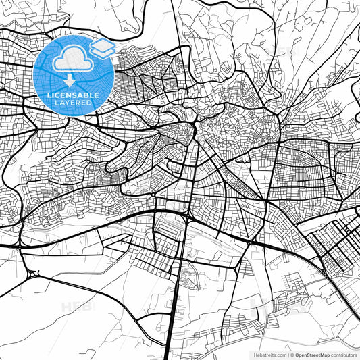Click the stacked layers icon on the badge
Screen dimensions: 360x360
103,48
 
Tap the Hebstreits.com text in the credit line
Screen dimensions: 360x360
269,354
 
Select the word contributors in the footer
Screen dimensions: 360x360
344,354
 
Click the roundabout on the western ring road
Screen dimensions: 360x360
32,274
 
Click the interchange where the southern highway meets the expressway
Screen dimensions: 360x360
184,217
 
